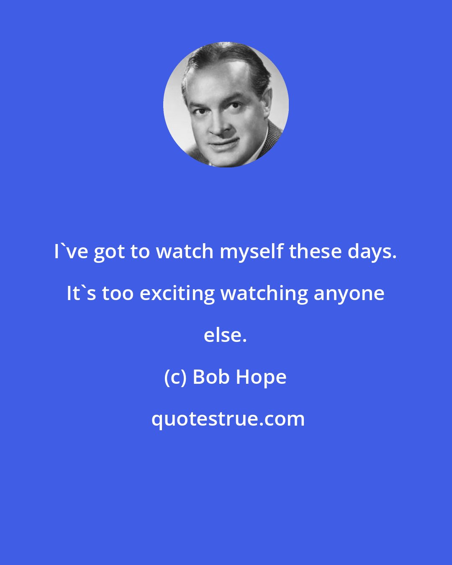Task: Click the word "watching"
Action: click(262, 293)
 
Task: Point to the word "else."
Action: click(226, 335)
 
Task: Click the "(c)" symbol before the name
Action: click(175, 377)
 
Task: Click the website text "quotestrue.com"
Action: click(228, 419)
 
